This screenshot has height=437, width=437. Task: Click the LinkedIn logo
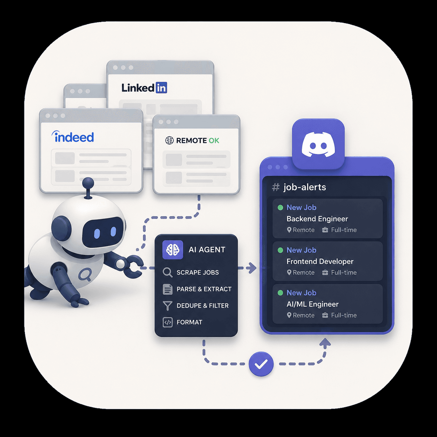[x=144, y=88]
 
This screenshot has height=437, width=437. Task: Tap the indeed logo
[x=72, y=137]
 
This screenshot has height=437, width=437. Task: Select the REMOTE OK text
[x=198, y=140]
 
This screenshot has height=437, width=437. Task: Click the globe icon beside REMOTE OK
[x=169, y=140]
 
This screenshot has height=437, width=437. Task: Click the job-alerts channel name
[x=305, y=187]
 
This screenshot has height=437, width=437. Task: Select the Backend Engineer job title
[x=317, y=219]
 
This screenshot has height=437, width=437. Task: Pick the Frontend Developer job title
[x=320, y=261]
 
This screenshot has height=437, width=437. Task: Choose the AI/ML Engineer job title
[x=313, y=304]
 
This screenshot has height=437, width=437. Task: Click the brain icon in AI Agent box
[x=172, y=250]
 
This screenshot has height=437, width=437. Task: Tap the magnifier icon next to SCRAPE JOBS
[x=168, y=273]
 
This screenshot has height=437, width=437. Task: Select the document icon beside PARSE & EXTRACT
[x=168, y=289]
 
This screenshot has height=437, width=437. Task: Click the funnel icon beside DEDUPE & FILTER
[x=168, y=306]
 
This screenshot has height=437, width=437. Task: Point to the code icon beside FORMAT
[x=168, y=322]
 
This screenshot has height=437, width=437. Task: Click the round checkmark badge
[x=261, y=364]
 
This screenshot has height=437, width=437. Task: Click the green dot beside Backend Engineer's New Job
[x=280, y=207]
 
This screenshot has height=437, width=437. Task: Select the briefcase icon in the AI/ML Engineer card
[x=325, y=315]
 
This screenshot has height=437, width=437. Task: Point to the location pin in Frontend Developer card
[x=289, y=273]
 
